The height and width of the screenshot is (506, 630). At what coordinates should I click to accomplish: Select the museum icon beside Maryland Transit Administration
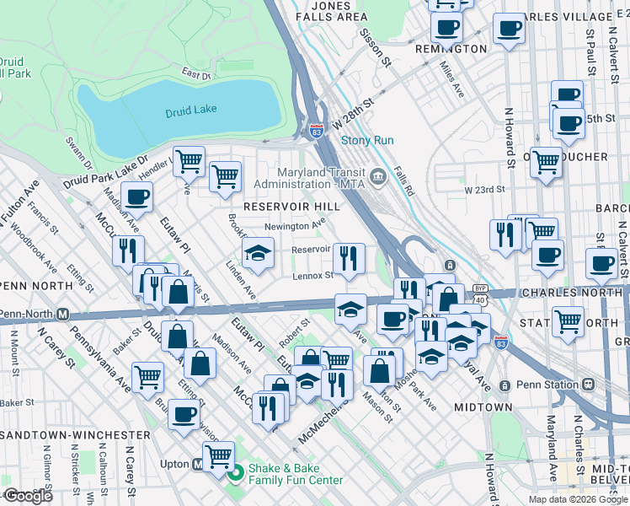point(378,176)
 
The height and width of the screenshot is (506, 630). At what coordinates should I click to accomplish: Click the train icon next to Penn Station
point(505,385)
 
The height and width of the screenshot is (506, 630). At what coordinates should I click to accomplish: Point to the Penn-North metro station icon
point(62,315)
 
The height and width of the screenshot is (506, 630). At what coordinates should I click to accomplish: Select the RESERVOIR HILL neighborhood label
point(291,207)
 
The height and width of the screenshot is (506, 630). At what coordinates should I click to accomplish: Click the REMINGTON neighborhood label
point(451,49)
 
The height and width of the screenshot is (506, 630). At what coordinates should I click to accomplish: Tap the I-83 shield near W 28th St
point(316,132)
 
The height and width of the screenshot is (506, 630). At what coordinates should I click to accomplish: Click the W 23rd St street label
point(484,191)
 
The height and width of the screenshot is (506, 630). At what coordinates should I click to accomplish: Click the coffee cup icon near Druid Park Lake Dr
point(136,197)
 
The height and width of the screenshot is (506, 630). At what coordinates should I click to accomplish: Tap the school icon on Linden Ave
point(258,253)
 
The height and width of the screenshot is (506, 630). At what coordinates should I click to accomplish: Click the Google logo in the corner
point(29,496)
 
